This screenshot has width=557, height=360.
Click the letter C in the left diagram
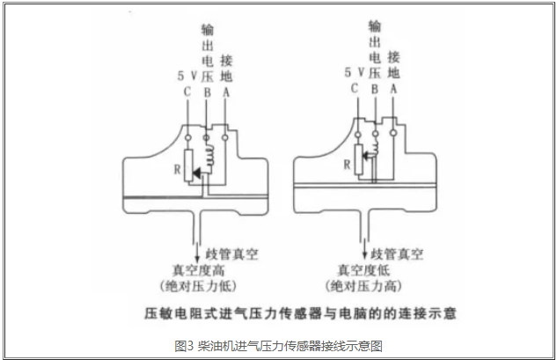coord(187,92)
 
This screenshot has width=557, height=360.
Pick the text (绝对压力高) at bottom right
coord(366,287)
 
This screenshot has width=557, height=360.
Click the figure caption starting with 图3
coord(278,343)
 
